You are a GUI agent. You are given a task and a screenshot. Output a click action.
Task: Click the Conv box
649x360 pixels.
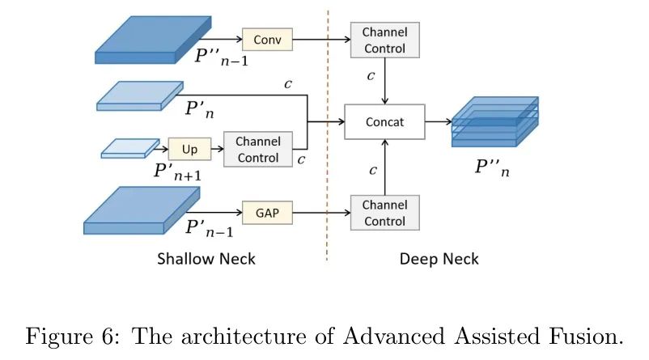point(266,38)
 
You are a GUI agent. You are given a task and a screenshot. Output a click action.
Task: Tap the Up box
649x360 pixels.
point(189,149)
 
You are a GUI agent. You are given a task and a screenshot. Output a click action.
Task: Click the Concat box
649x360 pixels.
point(384,122)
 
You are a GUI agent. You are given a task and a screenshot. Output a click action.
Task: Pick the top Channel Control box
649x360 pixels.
point(384,39)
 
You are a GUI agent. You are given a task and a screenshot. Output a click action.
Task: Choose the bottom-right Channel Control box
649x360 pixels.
point(384,212)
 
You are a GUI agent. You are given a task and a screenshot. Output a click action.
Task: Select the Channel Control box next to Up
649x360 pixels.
point(258,149)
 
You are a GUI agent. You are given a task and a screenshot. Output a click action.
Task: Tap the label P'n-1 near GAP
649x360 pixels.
point(209,230)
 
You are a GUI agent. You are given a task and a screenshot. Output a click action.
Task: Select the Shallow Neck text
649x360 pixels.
point(206,259)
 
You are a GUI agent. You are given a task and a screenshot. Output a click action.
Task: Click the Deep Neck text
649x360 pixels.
point(439,259)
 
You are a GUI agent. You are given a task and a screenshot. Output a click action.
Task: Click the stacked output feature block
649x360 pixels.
point(494,121)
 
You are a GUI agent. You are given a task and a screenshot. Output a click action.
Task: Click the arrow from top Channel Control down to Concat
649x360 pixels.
point(384,81)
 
